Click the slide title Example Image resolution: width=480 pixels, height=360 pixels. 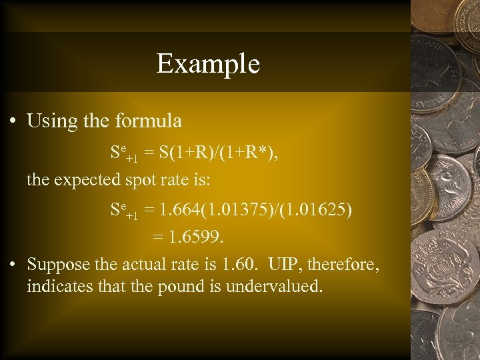pos(208,64)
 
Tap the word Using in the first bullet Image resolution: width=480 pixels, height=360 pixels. pos(50,121)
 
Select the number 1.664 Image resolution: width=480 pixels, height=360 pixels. pos(175,211)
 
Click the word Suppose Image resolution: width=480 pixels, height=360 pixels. pos(62,265)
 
